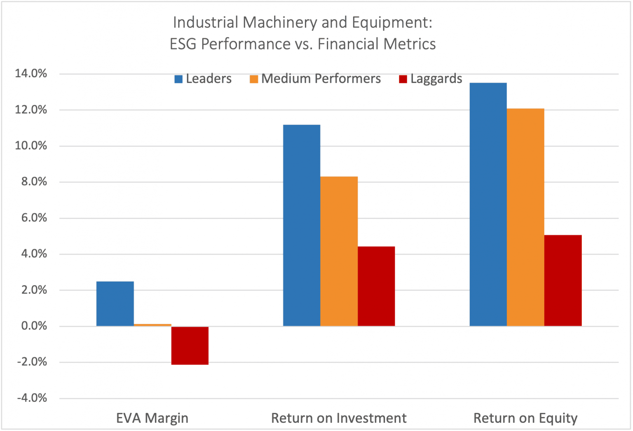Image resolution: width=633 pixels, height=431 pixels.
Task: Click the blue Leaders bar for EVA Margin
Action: (x=115, y=304)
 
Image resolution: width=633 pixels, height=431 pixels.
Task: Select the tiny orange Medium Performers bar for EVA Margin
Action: (x=152, y=325)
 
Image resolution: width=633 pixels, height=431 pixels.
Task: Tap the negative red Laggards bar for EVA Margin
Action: (x=190, y=345)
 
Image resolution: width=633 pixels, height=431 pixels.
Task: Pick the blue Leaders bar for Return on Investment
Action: (x=302, y=225)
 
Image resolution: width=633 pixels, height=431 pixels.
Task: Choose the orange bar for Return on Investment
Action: (x=339, y=251)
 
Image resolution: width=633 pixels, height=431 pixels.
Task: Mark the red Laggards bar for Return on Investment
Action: (x=376, y=286)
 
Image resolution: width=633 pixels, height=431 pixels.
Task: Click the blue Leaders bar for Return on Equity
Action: (x=488, y=204)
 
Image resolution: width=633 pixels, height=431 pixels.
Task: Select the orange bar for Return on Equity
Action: (x=525, y=217)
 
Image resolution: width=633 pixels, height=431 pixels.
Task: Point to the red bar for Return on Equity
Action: (x=563, y=280)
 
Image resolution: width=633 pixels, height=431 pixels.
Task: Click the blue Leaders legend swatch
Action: (x=178, y=79)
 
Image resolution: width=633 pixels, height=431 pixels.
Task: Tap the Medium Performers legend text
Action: (x=321, y=79)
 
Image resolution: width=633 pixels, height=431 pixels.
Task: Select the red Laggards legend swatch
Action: (x=403, y=79)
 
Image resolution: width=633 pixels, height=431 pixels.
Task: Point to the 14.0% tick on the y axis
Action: (x=31, y=74)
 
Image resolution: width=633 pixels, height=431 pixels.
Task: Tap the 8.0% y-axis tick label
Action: (x=34, y=182)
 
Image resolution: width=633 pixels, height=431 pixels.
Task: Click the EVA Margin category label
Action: (x=152, y=418)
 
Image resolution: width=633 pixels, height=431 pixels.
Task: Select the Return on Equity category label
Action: (x=525, y=418)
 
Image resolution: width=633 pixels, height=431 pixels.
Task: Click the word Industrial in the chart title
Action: (x=205, y=22)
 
